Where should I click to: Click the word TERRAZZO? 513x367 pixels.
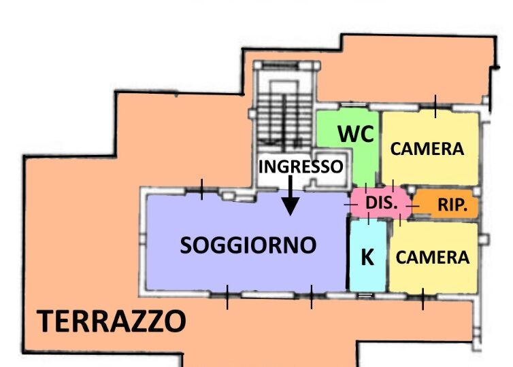(x=111, y=321)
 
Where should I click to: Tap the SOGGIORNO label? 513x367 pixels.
(x=248, y=245)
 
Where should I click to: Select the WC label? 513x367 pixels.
(x=356, y=134)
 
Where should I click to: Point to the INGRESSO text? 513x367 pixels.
(x=301, y=167)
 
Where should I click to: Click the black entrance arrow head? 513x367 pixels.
(x=291, y=206)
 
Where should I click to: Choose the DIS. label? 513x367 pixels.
(x=381, y=203)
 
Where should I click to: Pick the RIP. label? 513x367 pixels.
(x=452, y=205)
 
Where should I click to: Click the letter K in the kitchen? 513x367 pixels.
(x=367, y=257)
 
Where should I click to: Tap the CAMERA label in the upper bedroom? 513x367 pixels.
(x=427, y=149)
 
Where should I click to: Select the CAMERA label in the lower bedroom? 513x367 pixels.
(x=433, y=258)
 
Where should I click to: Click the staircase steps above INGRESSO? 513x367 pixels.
(x=284, y=118)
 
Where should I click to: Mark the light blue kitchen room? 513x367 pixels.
(x=367, y=256)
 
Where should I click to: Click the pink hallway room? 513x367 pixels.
(x=380, y=203)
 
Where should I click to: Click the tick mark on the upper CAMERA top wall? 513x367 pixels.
(x=435, y=106)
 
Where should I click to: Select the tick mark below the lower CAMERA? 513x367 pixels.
(x=423, y=299)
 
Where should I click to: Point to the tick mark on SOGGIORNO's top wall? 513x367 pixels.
(x=201, y=189)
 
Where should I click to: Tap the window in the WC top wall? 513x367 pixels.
(x=353, y=105)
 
